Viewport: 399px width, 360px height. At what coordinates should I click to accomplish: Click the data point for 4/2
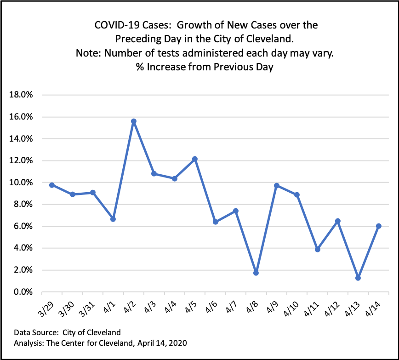click(x=133, y=121)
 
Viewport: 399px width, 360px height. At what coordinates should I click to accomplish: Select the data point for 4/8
click(x=256, y=273)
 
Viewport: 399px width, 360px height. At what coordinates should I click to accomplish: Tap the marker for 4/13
click(x=358, y=278)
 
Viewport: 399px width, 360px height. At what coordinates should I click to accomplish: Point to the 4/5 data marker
click(x=195, y=159)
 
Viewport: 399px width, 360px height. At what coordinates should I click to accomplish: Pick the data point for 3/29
click(x=52, y=185)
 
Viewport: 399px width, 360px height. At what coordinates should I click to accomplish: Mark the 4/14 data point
click(x=378, y=226)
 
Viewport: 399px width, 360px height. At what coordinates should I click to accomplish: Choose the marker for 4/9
click(x=276, y=186)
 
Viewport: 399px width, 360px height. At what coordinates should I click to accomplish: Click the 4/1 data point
click(x=113, y=219)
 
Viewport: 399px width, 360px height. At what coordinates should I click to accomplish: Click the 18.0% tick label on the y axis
click(x=20, y=95)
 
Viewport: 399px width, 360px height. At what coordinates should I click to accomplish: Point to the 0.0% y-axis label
click(x=22, y=292)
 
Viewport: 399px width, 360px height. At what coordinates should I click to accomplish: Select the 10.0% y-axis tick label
click(x=20, y=183)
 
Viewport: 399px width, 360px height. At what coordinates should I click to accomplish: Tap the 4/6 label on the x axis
click(x=212, y=305)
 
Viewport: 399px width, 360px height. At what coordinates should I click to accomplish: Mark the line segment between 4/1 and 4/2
click(x=123, y=170)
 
